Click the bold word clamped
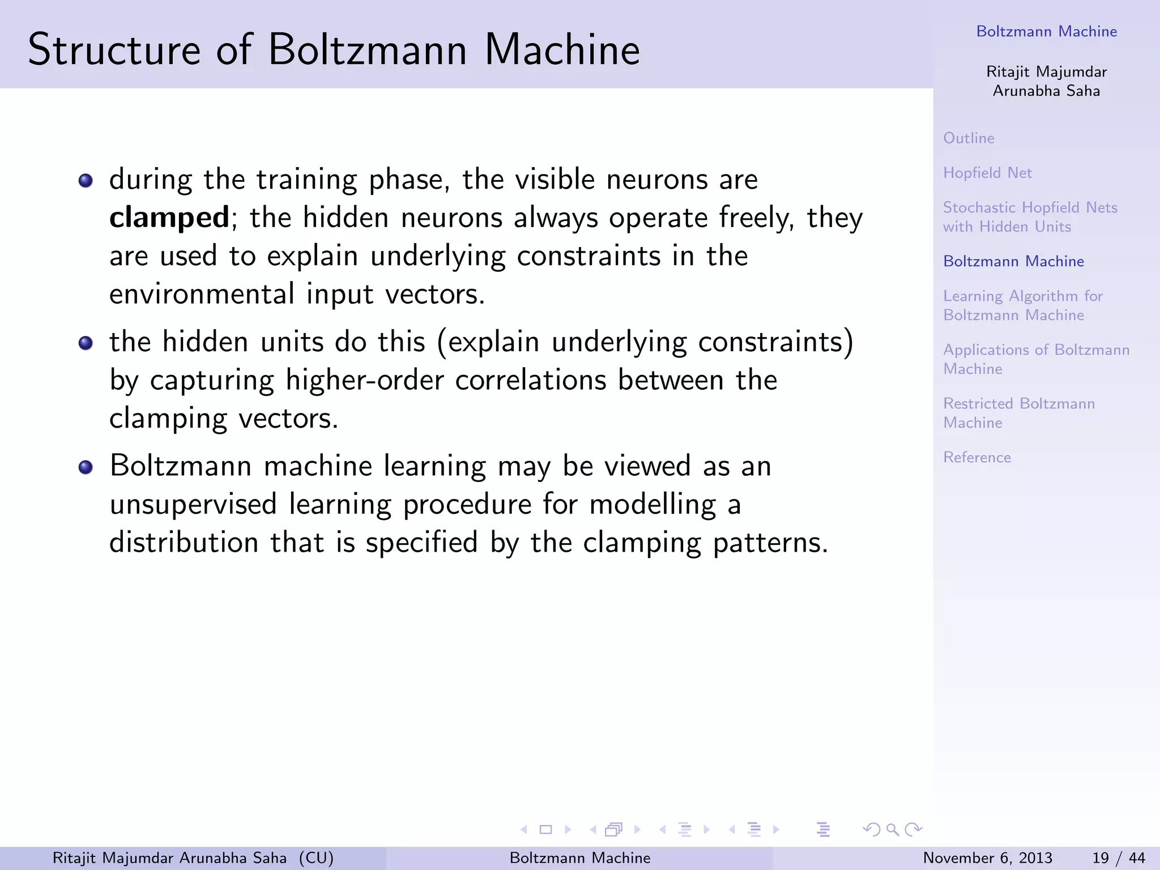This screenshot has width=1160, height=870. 169,218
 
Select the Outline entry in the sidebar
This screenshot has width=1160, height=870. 969,138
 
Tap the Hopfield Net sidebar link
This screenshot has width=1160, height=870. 987,173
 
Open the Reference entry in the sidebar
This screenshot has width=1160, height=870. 976,457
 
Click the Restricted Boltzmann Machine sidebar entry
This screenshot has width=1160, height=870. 1018,413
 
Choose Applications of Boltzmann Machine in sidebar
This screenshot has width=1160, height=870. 1036,359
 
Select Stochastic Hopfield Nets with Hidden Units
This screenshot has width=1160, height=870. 1030,217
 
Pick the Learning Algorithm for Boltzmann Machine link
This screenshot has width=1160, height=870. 1022,305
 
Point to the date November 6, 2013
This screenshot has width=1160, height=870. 987,858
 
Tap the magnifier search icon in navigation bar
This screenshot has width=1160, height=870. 892,830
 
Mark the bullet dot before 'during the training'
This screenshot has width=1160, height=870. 86,181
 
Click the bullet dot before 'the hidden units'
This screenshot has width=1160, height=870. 86,343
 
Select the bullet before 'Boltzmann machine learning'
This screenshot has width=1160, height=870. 86,467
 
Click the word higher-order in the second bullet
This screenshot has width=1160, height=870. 364,380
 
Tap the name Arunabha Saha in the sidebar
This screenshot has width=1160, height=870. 1046,91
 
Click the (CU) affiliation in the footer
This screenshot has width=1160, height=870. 316,858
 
